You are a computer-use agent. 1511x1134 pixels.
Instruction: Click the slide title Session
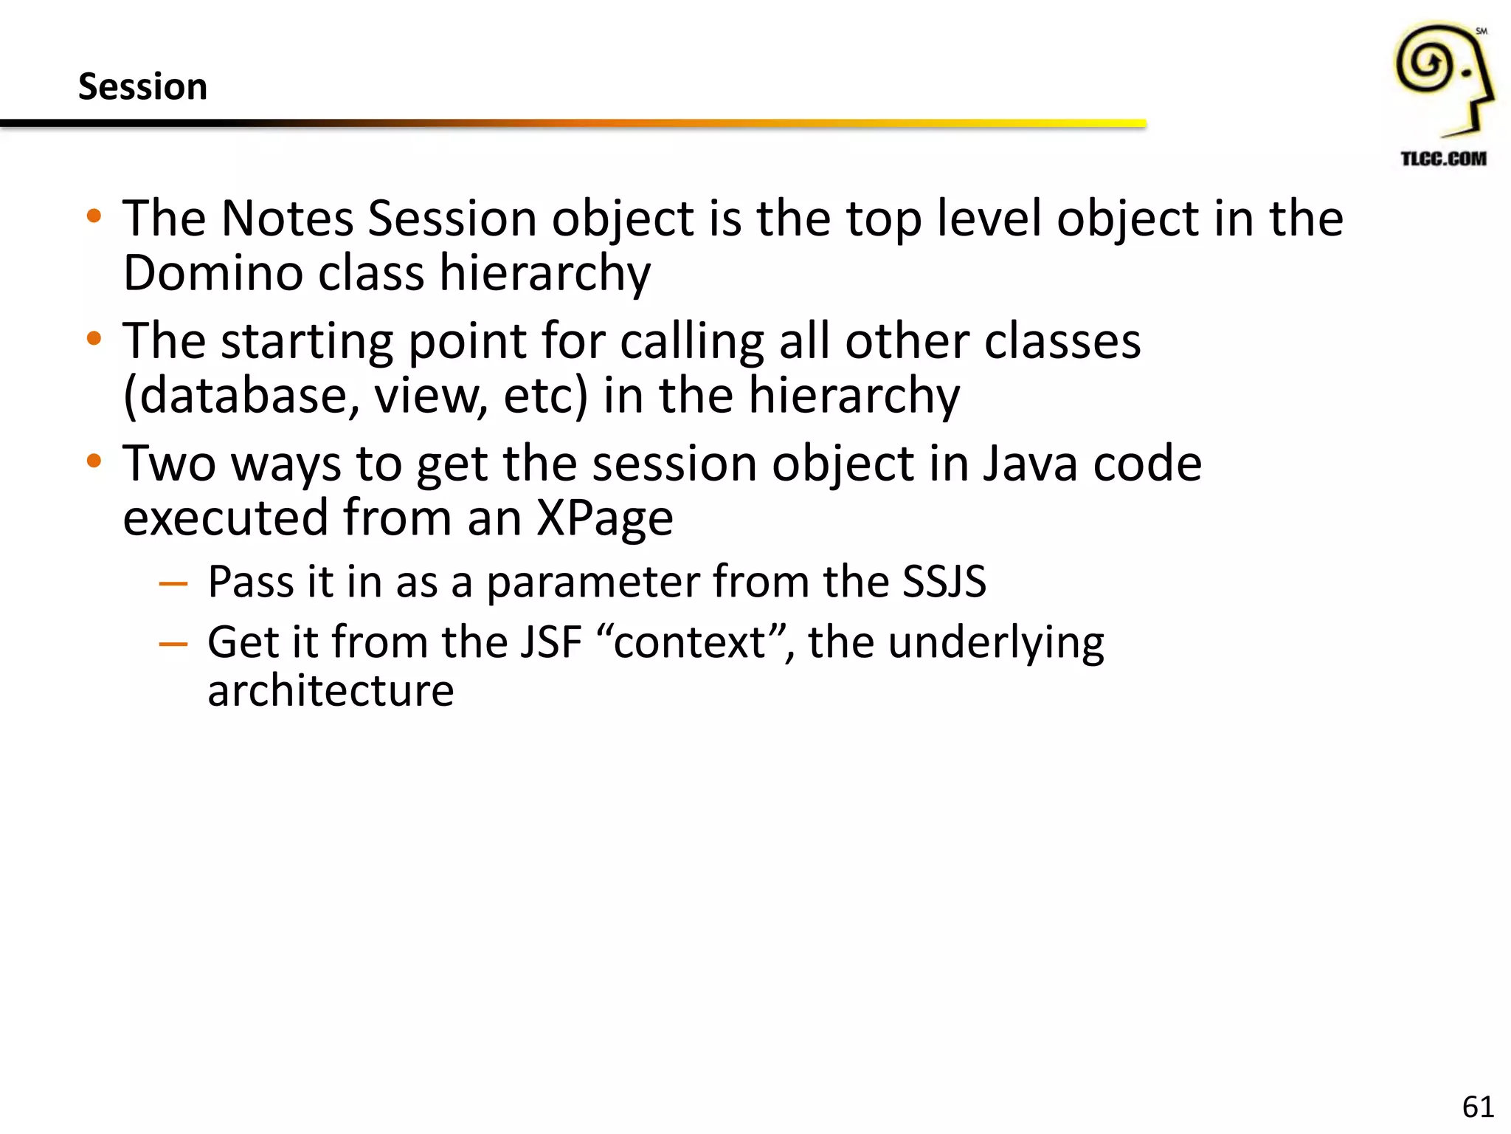[x=142, y=86]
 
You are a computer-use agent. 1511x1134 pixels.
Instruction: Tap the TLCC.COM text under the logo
[x=1443, y=159]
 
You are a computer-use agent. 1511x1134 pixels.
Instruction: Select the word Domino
[x=212, y=273]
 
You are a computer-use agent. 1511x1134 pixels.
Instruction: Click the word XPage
[x=604, y=518]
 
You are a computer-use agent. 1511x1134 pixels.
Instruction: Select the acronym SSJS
[x=944, y=581]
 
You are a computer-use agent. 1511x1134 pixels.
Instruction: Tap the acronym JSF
[x=550, y=642]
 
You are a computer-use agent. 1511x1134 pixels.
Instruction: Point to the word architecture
[x=331, y=691]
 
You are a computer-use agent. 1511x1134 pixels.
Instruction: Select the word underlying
[x=996, y=643]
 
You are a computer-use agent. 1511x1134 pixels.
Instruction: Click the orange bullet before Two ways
[x=94, y=462]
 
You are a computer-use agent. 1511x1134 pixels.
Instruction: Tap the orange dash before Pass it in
[x=173, y=584]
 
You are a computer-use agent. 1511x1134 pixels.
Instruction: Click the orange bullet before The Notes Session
[x=94, y=217]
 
